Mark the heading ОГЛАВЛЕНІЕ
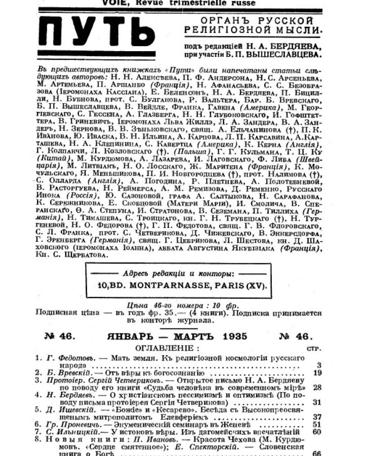click(x=165, y=348)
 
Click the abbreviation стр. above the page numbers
click(x=314, y=349)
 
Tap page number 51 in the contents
click(x=317, y=424)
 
